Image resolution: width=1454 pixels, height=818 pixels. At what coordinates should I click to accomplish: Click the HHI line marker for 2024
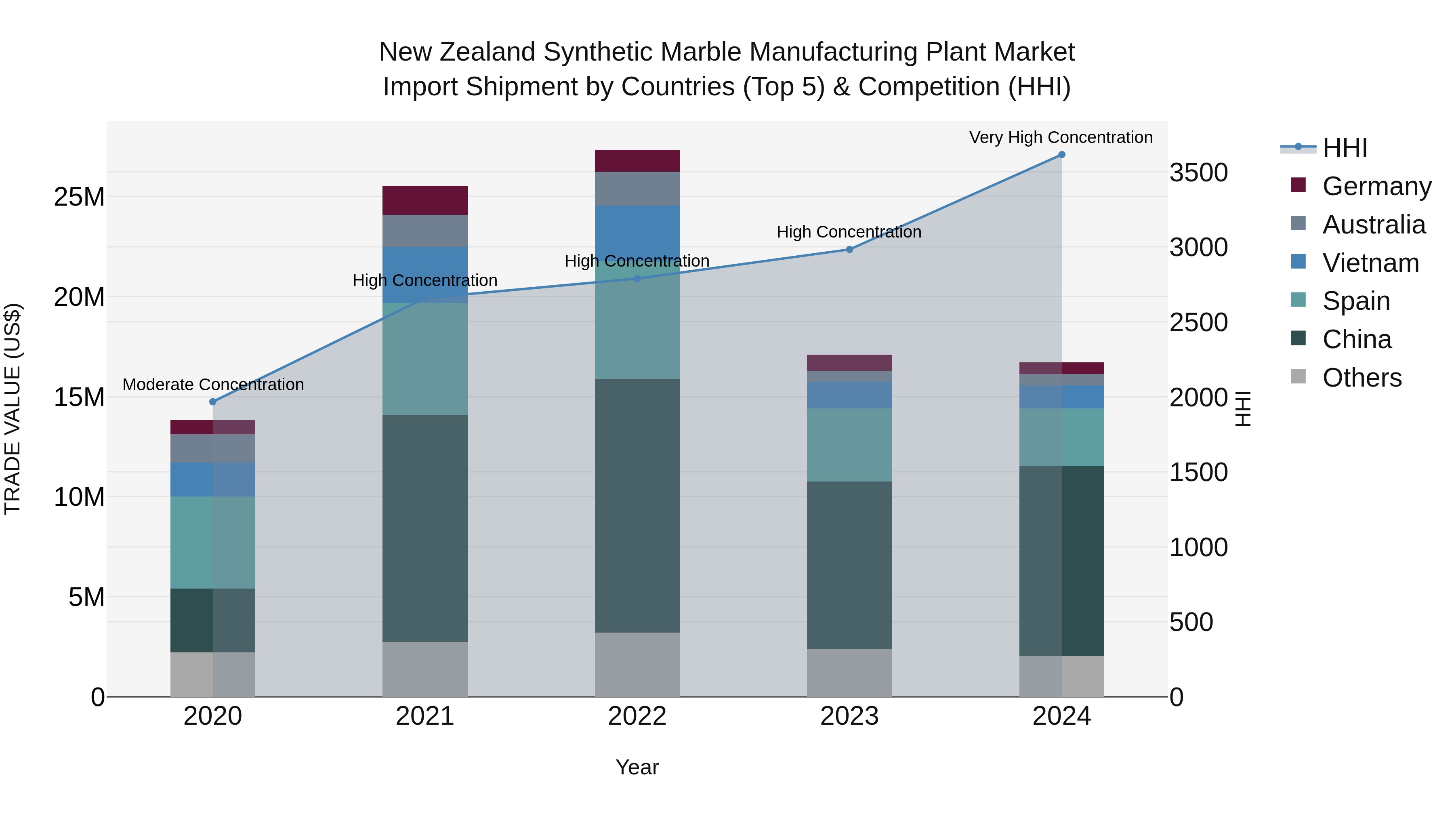1061,155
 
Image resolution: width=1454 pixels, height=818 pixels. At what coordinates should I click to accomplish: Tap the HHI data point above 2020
213,402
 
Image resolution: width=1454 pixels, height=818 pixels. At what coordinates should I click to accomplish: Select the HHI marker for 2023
849,250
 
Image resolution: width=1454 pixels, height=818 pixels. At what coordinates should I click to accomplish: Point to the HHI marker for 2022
637,278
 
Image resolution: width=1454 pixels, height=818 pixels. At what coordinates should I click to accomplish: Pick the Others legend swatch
1298,376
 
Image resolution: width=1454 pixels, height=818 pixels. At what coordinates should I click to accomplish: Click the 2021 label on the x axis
424,716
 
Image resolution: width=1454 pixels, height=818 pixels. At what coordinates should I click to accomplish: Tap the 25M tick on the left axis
79,197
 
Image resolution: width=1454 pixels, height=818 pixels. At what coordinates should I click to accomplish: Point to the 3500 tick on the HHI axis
1198,173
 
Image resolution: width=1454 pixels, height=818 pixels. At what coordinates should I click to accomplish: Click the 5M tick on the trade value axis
86,597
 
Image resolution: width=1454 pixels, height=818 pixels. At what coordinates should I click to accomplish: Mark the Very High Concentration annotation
1061,137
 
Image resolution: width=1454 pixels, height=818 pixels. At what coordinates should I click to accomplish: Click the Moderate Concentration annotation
213,385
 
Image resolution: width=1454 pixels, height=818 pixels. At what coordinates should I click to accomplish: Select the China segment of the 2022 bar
637,505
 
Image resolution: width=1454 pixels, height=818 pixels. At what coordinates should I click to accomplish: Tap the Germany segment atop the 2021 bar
425,200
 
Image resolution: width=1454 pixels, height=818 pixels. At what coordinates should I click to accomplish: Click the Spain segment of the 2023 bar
849,445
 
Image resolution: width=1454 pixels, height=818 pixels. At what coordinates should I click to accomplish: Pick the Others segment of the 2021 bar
425,669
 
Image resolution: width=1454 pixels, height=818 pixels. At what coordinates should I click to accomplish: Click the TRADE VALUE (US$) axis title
13,409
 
